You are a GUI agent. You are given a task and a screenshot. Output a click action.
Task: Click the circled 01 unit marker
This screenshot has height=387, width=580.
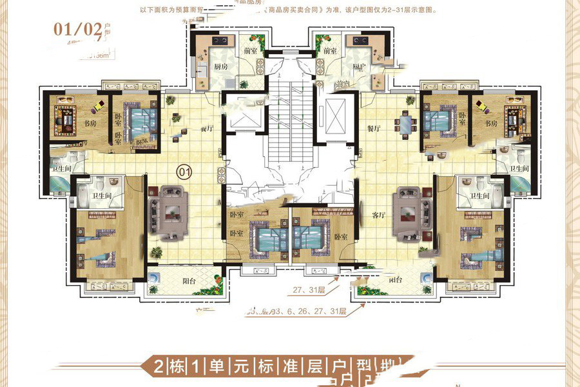[x=184, y=172]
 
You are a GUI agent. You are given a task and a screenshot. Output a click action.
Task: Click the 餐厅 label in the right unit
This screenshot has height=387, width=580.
[x=374, y=129]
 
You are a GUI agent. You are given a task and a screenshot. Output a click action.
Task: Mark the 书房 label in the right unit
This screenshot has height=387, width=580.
[x=492, y=123]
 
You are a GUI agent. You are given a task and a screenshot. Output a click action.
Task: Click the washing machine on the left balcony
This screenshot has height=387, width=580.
[x=154, y=277]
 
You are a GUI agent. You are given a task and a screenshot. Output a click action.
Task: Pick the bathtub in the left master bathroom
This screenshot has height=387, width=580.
[x=63, y=186]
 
